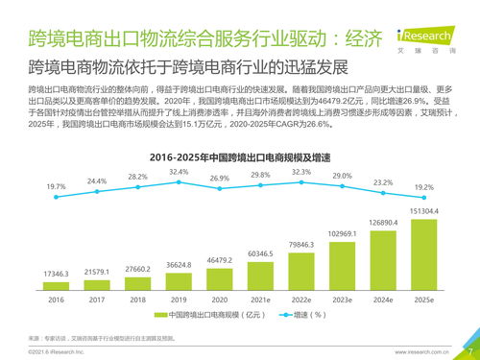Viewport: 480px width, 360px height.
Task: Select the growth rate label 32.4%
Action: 179,171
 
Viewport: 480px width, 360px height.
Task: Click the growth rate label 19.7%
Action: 56,186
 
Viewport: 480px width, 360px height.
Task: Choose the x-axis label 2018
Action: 138,300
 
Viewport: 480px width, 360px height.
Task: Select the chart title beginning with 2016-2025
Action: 240,156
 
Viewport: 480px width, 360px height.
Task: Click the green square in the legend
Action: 165,315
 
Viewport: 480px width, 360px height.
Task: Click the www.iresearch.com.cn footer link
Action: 423,352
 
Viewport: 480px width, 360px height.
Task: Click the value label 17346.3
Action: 56,275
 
